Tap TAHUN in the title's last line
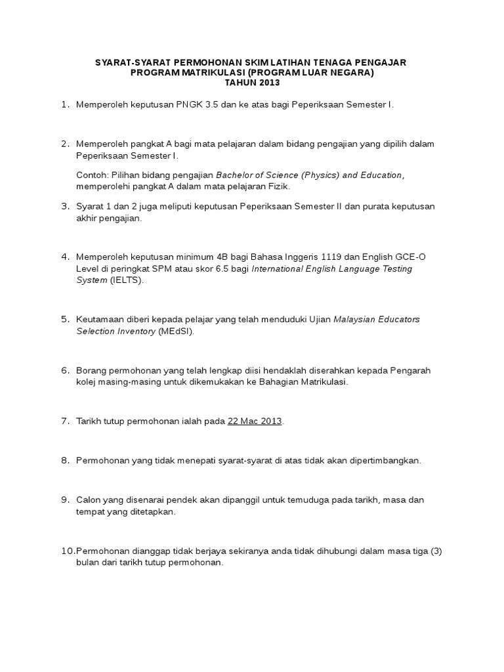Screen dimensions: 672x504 coord(239,83)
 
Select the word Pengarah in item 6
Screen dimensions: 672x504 coord(410,370)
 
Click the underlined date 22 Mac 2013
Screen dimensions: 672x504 coord(255,421)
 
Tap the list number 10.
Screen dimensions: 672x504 coord(68,551)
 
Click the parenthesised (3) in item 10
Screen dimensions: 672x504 coord(436,551)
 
